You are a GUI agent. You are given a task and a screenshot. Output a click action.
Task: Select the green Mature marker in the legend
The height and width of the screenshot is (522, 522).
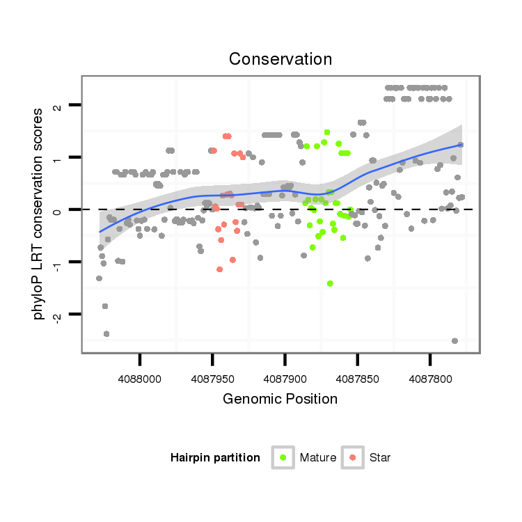coord(283,457)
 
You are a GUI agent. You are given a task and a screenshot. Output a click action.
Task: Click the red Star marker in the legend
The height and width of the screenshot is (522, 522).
coord(353,457)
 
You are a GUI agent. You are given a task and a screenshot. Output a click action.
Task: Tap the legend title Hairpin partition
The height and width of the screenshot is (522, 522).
coord(215,458)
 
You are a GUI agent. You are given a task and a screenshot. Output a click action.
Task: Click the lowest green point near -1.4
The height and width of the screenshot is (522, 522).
coord(330,283)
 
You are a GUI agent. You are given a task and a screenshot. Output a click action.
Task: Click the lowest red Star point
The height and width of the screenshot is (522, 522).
coord(220,269)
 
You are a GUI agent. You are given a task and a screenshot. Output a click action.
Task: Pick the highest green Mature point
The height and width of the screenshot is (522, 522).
coord(327,132)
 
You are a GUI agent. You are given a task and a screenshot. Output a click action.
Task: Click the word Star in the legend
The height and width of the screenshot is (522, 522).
coord(380,458)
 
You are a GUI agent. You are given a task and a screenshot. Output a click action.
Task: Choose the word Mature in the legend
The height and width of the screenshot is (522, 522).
coord(318,458)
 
